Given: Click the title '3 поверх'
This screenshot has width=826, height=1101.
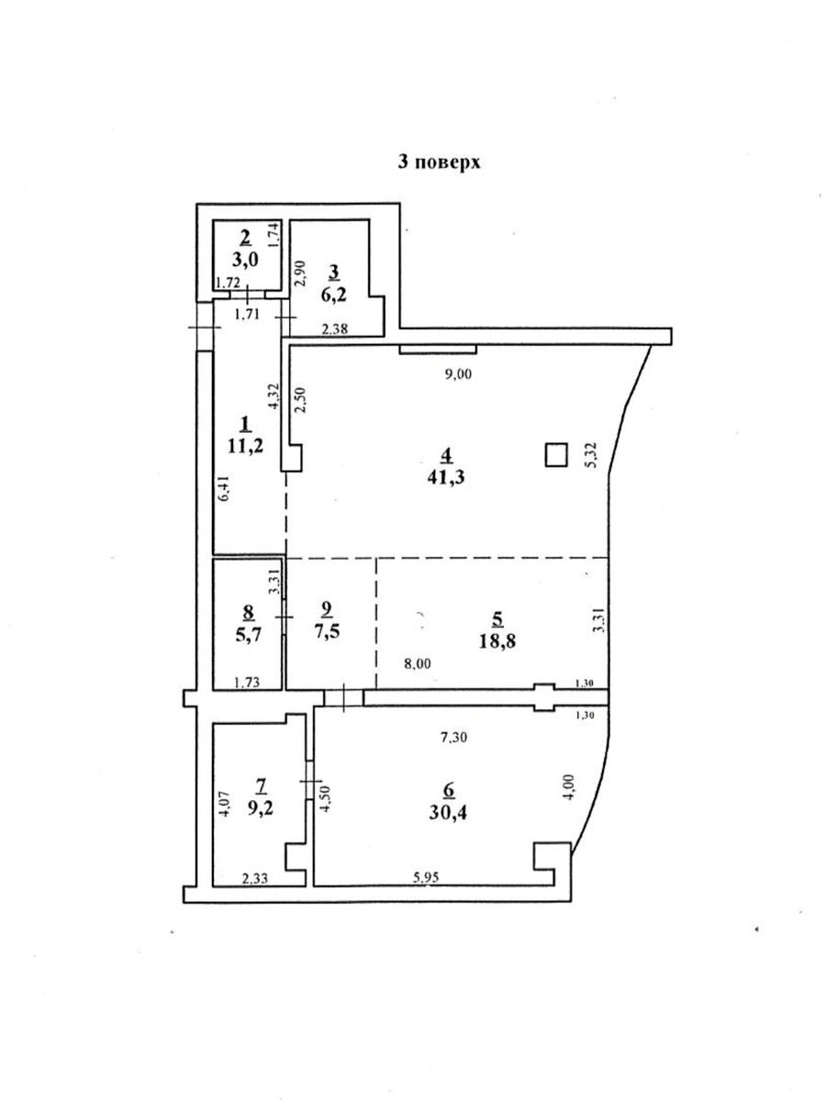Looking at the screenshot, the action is click(x=439, y=162).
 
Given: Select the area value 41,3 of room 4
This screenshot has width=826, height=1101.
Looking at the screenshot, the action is click(x=446, y=477).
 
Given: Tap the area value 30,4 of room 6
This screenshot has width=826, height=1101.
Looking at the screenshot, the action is click(x=448, y=826).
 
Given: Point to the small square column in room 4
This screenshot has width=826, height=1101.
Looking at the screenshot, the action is click(x=557, y=454).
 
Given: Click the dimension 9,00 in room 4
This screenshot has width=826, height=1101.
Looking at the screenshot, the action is click(x=458, y=374).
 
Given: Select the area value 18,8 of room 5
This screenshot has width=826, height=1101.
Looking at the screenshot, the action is click(x=497, y=640).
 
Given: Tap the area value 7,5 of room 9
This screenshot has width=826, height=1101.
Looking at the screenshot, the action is click(x=327, y=630).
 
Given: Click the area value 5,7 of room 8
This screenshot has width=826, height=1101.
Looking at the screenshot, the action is click(x=248, y=636).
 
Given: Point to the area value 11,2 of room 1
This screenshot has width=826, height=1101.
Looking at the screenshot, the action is click(x=245, y=445).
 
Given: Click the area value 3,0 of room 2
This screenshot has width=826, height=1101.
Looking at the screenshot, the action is click(x=245, y=261).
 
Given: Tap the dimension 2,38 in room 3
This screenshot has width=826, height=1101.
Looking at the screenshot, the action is click(x=335, y=329).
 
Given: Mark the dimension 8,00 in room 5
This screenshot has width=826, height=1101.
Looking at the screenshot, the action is click(x=418, y=663).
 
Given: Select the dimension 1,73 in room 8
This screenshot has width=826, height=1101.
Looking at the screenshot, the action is click(x=248, y=683).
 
